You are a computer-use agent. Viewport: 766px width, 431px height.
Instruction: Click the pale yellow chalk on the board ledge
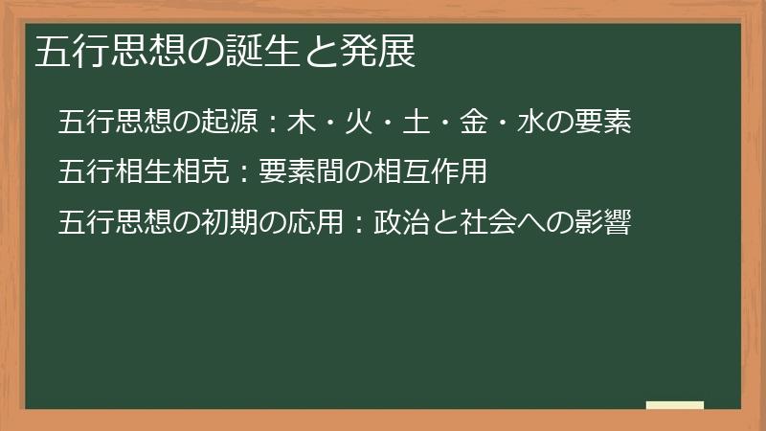[x=674, y=405]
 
